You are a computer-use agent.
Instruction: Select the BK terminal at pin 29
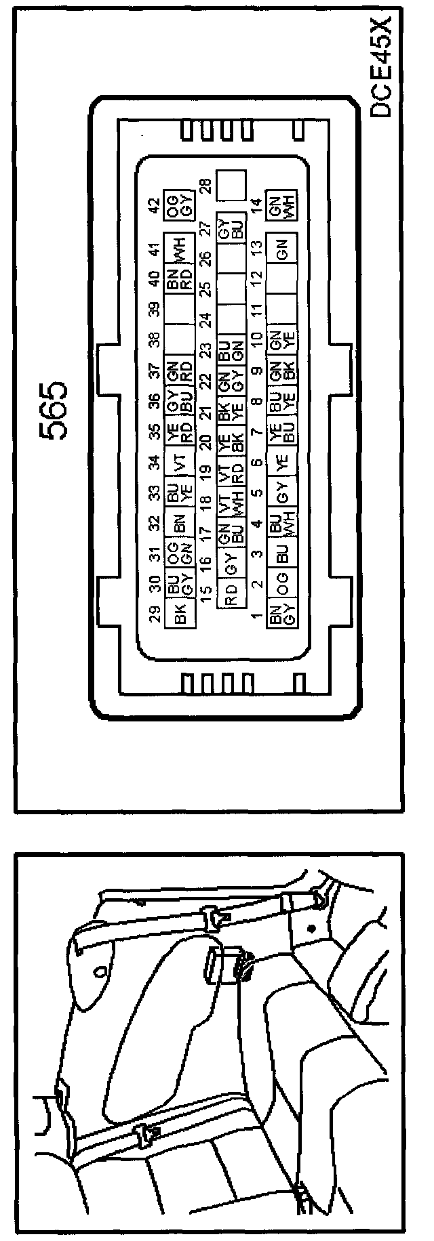(x=180, y=616)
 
